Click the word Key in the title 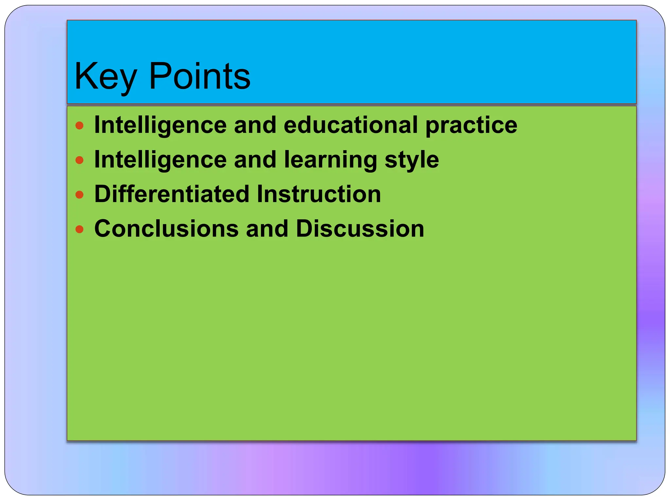pos(105,77)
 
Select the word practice pos(471,125)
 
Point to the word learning pos(330,160)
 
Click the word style pos(412,160)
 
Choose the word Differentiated pos(172,194)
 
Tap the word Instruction pos(319,194)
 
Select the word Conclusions pos(166,228)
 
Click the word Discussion pos(360,228)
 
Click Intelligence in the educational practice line pos(160,125)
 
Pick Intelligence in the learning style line pos(160,160)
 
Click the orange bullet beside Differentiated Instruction pos(79,195)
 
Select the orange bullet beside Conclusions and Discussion pos(79,229)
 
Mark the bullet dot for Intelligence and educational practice pos(79,125)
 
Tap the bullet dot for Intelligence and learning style pos(79,160)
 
